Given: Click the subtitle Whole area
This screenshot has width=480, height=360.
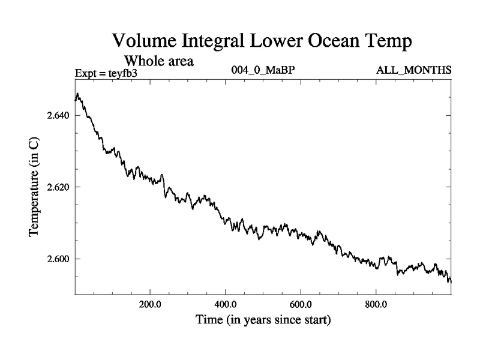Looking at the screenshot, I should (x=159, y=61).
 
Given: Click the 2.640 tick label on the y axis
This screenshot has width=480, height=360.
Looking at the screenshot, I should (x=59, y=115).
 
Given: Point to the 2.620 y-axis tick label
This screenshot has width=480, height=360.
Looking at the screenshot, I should (x=59, y=187).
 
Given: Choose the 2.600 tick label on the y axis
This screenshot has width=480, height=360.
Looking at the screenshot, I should (x=59, y=259).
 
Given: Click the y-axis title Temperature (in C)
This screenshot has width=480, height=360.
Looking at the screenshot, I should (x=35, y=187).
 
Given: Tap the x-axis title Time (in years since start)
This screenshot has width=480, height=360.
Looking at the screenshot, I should (x=263, y=320).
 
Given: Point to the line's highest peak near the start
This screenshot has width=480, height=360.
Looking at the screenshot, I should (x=77, y=94).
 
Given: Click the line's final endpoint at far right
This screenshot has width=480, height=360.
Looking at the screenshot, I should (x=451, y=281).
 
